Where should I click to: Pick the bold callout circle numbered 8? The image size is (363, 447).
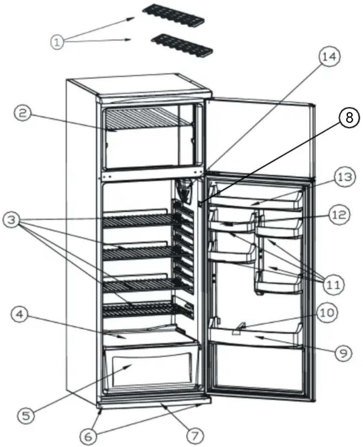tap(349, 118)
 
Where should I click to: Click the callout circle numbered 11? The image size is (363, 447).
tap(334, 284)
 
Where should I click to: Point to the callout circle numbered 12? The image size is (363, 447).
tap(339, 215)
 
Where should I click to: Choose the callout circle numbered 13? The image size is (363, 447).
tap(344, 177)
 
